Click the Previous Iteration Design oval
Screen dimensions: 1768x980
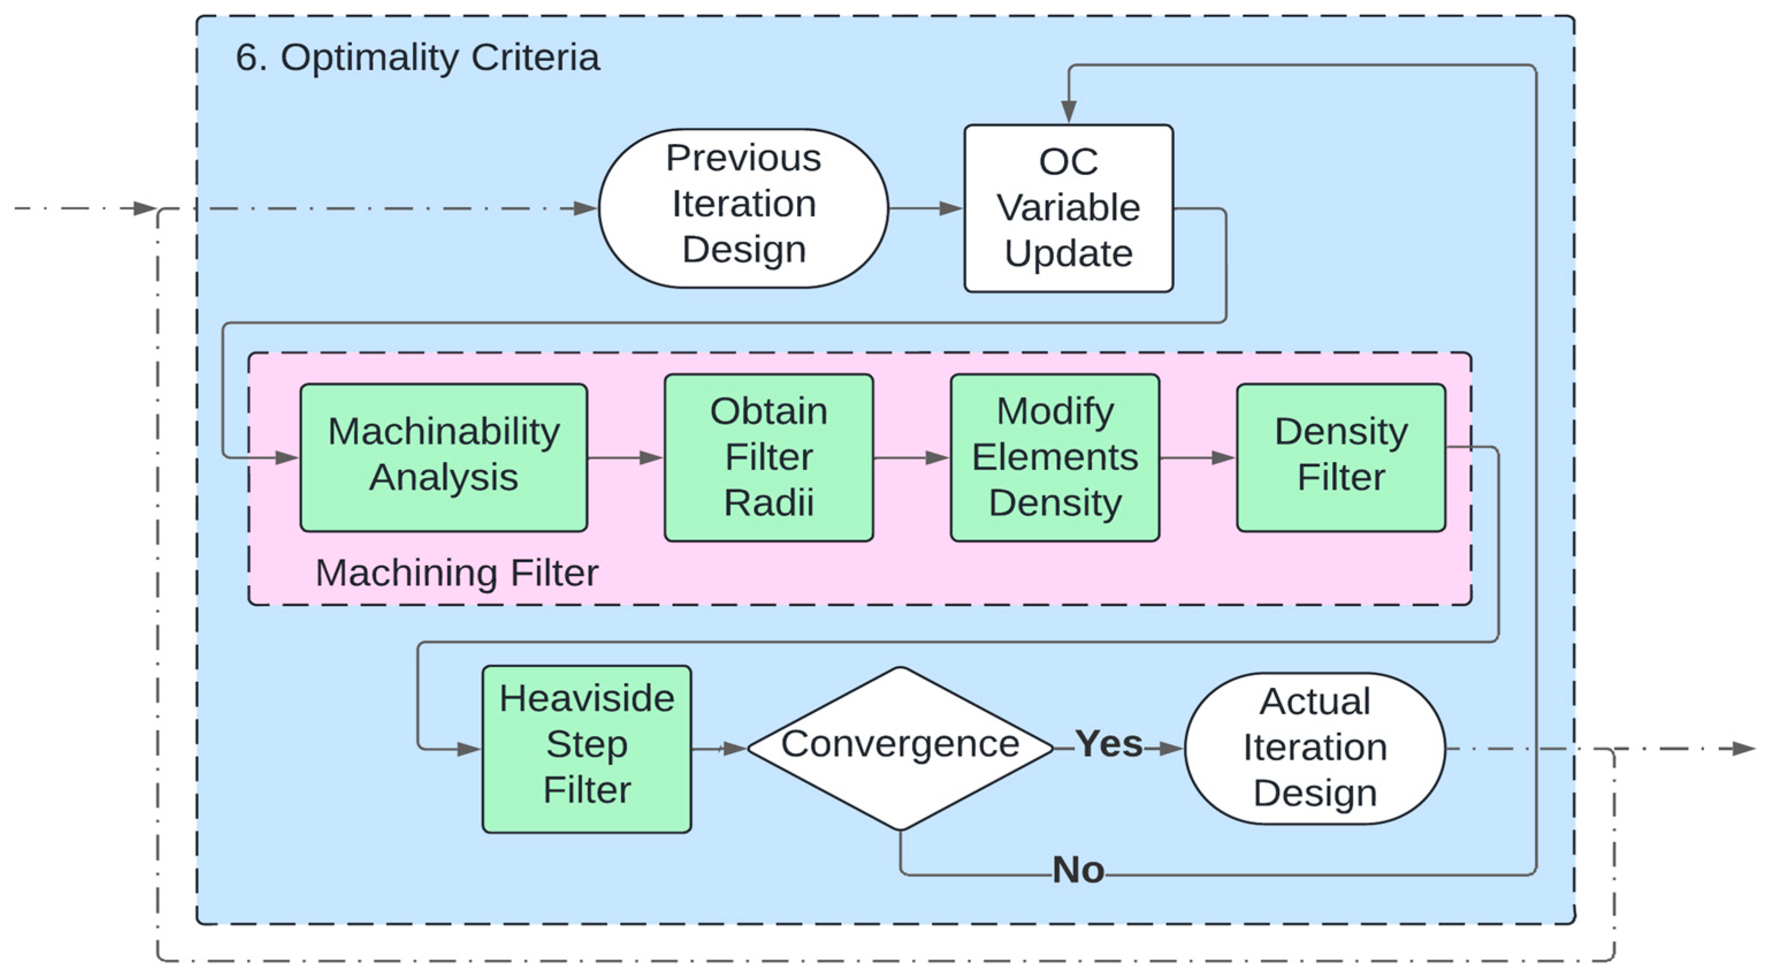(743, 208)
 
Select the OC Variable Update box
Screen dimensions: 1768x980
(1068, 208)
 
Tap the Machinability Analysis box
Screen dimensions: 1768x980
(444, 457)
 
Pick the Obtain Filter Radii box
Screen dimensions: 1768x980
(769, 457)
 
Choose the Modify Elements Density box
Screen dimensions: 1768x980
(1055, 457)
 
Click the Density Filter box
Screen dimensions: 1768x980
(1341, 457)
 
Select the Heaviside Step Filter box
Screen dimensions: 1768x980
(587, 749)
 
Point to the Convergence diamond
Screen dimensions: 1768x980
(900, 749)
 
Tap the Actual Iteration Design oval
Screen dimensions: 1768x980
(1315, 749)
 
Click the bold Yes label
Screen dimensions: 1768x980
(1109, 743)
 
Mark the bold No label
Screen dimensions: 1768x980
(1078, 870)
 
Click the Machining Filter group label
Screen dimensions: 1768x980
(456, 573)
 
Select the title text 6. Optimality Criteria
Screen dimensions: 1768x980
(417, 57)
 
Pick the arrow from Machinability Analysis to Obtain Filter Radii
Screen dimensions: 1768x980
(626, 457)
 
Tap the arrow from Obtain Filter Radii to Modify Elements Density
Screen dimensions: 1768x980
(912, 457)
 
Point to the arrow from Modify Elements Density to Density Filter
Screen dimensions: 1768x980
(1198, 457)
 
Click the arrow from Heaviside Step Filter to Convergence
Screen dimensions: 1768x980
(719, 749)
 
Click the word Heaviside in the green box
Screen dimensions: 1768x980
(587, 699)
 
